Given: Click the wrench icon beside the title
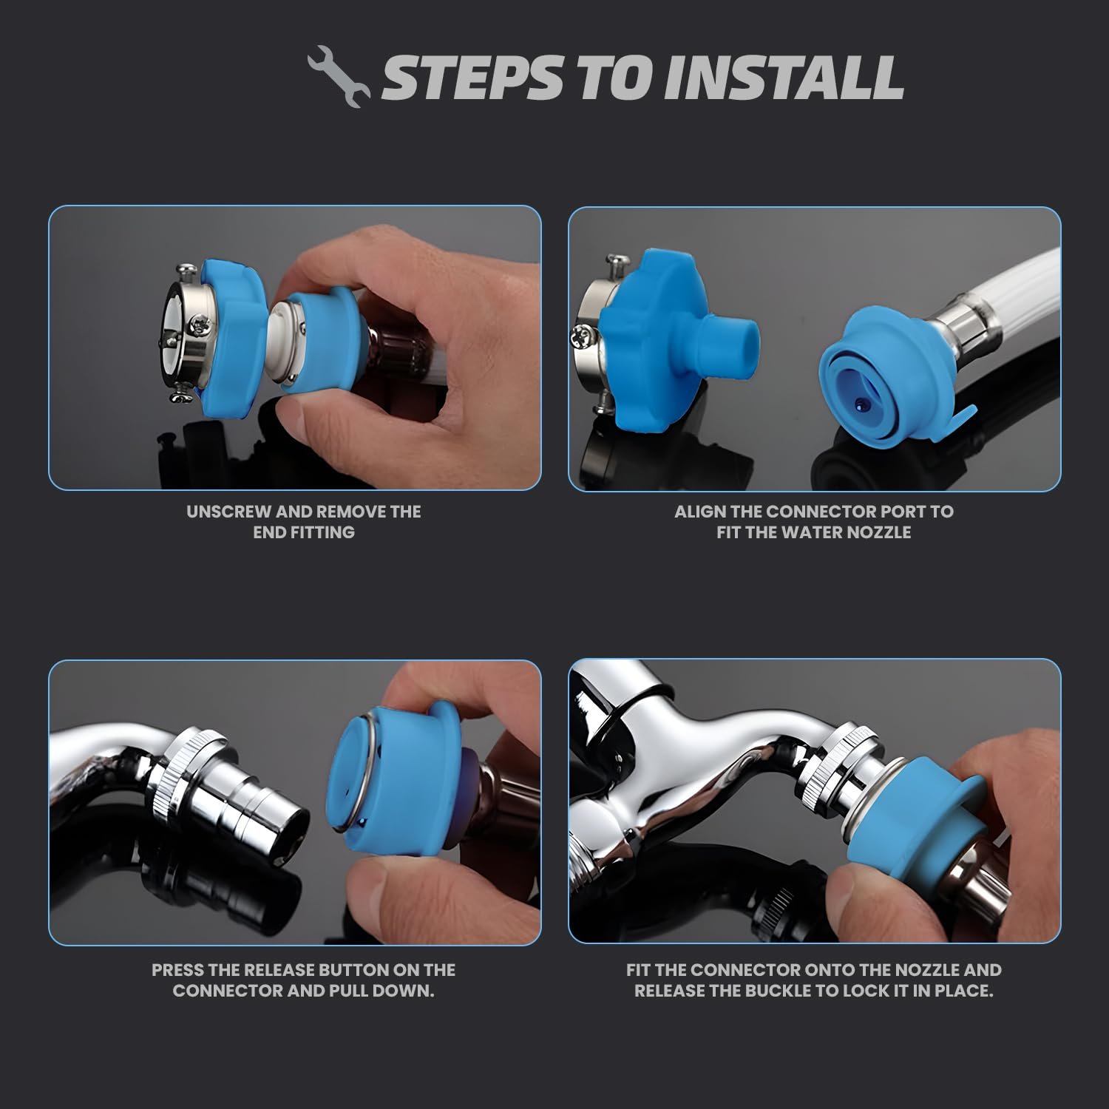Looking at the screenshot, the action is tap(338, 77).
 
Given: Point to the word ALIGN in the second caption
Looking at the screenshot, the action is tap(700, 512).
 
